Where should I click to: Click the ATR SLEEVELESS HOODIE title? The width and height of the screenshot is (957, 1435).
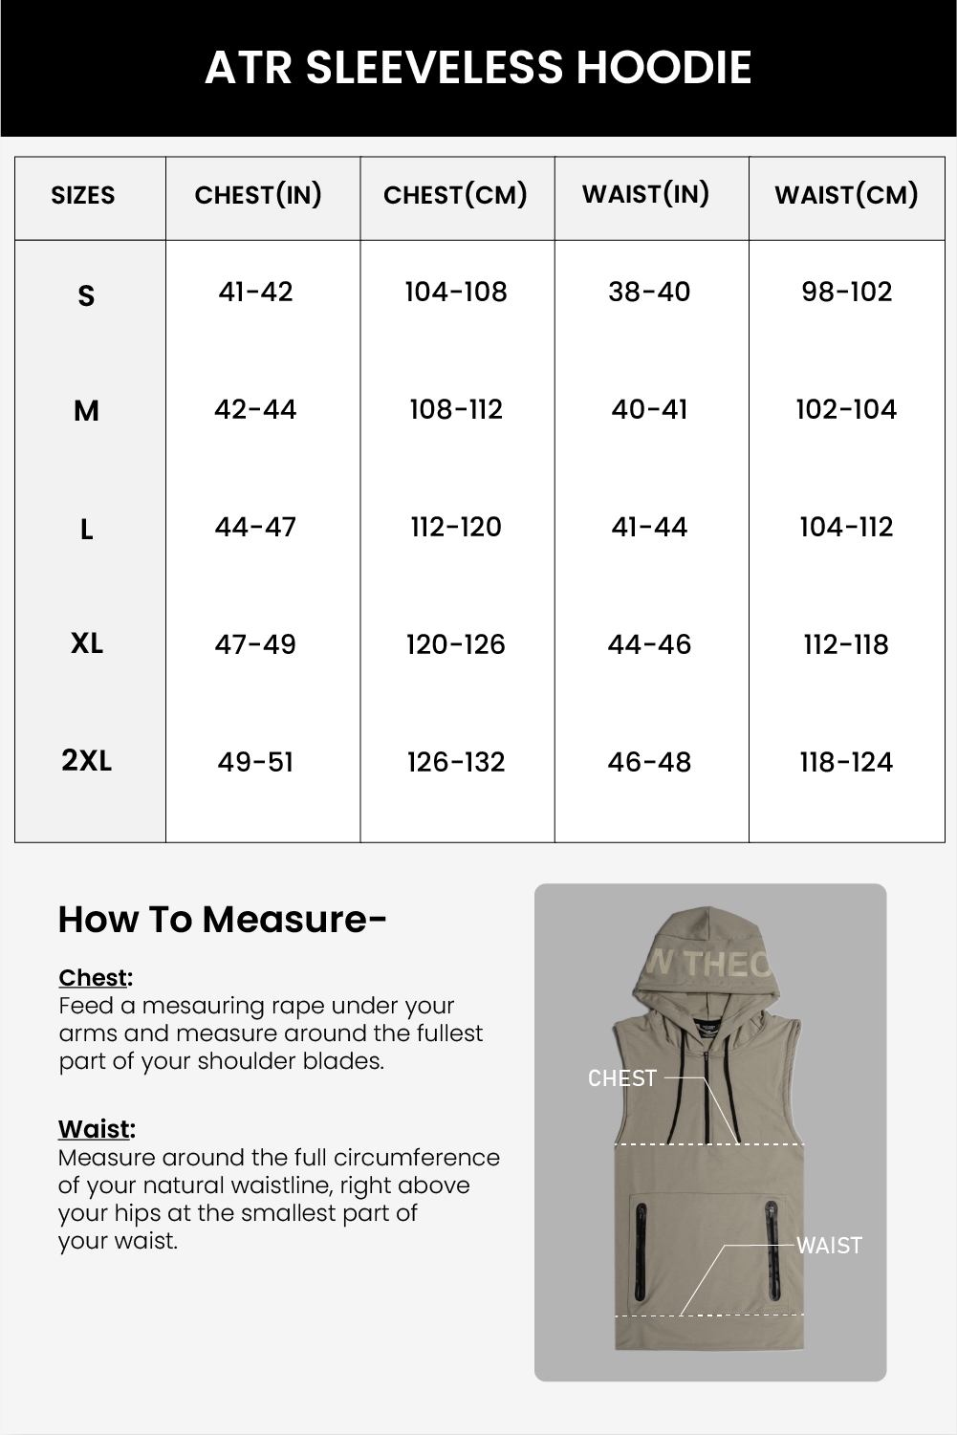point(478,68)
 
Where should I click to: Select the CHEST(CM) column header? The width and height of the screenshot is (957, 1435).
point(455,195)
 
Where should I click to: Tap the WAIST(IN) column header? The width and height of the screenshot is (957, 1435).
point(645,194)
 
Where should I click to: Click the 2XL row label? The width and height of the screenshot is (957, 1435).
point(87,761)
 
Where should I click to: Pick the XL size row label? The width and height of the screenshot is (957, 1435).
point(87,643)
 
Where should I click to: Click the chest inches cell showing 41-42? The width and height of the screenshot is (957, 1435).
point(255,292)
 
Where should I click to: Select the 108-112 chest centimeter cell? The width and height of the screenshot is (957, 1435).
point(455,409)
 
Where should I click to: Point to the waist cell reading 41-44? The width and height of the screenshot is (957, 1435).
point(649,527)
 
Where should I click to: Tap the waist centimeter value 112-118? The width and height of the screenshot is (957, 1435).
point(846,644)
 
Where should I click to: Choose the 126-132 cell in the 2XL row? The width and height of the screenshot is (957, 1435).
point(455,762)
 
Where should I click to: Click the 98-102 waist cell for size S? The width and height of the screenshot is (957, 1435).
point(846,292)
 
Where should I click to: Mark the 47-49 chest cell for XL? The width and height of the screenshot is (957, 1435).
point(255,644)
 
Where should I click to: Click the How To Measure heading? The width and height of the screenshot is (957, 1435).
point(222,920)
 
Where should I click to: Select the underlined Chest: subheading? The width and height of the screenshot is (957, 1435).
point(96,978)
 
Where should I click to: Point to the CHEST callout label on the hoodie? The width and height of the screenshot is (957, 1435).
point(622,1078)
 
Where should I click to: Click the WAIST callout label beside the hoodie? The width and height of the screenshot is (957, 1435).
point(829,1246)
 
